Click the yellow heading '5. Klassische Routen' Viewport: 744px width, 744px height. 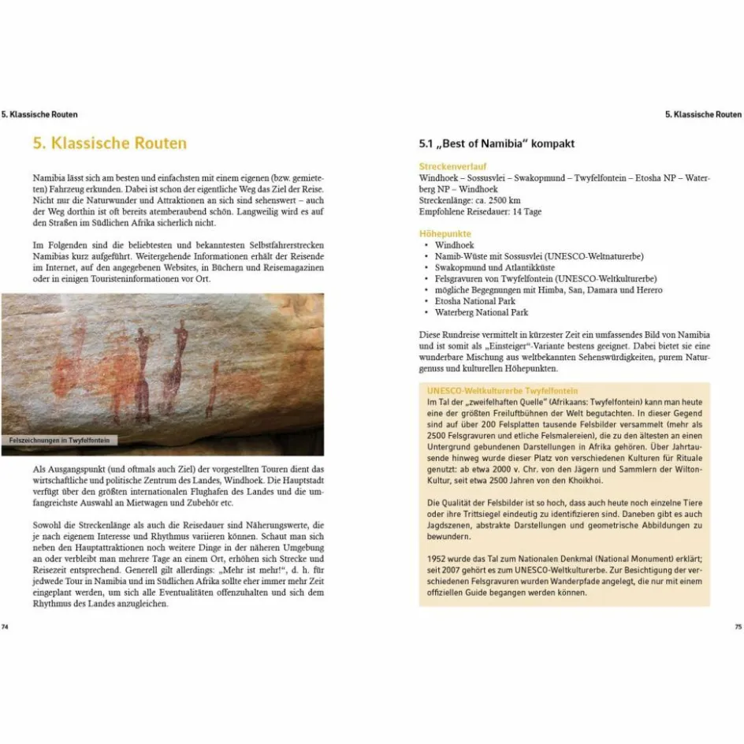(110, 143)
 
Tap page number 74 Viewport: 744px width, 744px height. (5, 627)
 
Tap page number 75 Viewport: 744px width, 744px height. (738, 627)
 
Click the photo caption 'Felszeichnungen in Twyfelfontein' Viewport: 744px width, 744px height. (60, 441)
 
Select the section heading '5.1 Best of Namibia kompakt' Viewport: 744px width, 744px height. (497, 143)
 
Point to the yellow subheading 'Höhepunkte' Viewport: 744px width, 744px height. (445, 234)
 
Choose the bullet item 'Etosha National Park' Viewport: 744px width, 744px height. (474, 301)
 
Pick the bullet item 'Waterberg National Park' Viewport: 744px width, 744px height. (481, 312)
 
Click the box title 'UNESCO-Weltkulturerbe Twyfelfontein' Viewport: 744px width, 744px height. (502, 390)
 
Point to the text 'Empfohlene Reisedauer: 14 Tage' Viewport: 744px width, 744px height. (480, 211)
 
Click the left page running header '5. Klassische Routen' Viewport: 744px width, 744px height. (39, 114)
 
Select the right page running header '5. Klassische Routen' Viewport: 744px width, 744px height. (703, 114)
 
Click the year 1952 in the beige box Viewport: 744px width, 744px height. (435, 559)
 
